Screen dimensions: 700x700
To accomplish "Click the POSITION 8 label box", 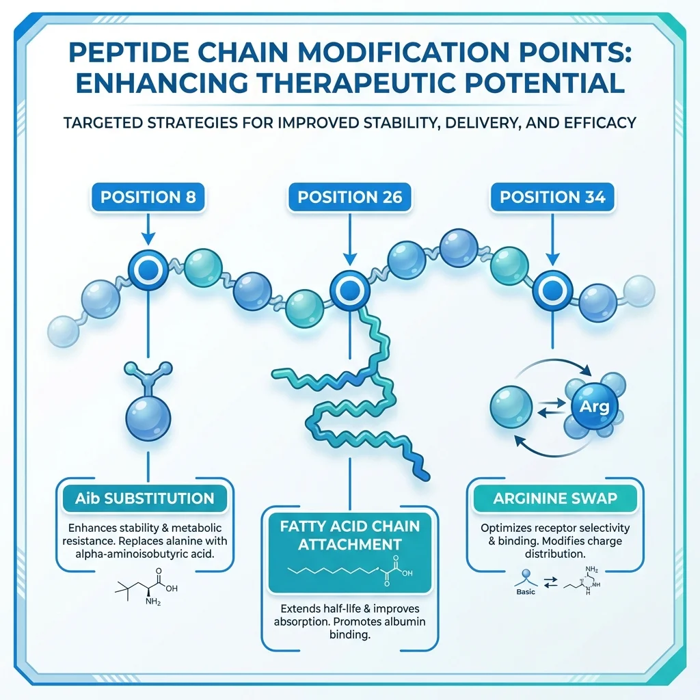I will click(148, 198).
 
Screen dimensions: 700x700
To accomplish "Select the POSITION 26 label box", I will click(349, 198).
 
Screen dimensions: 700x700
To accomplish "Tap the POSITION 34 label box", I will click(552, 198).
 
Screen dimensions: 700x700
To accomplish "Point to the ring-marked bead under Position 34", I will click(552, 290).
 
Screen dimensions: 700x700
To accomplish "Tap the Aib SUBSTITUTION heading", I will click(148, 498).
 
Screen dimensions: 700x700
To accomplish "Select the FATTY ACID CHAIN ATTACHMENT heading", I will click(349, 535).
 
